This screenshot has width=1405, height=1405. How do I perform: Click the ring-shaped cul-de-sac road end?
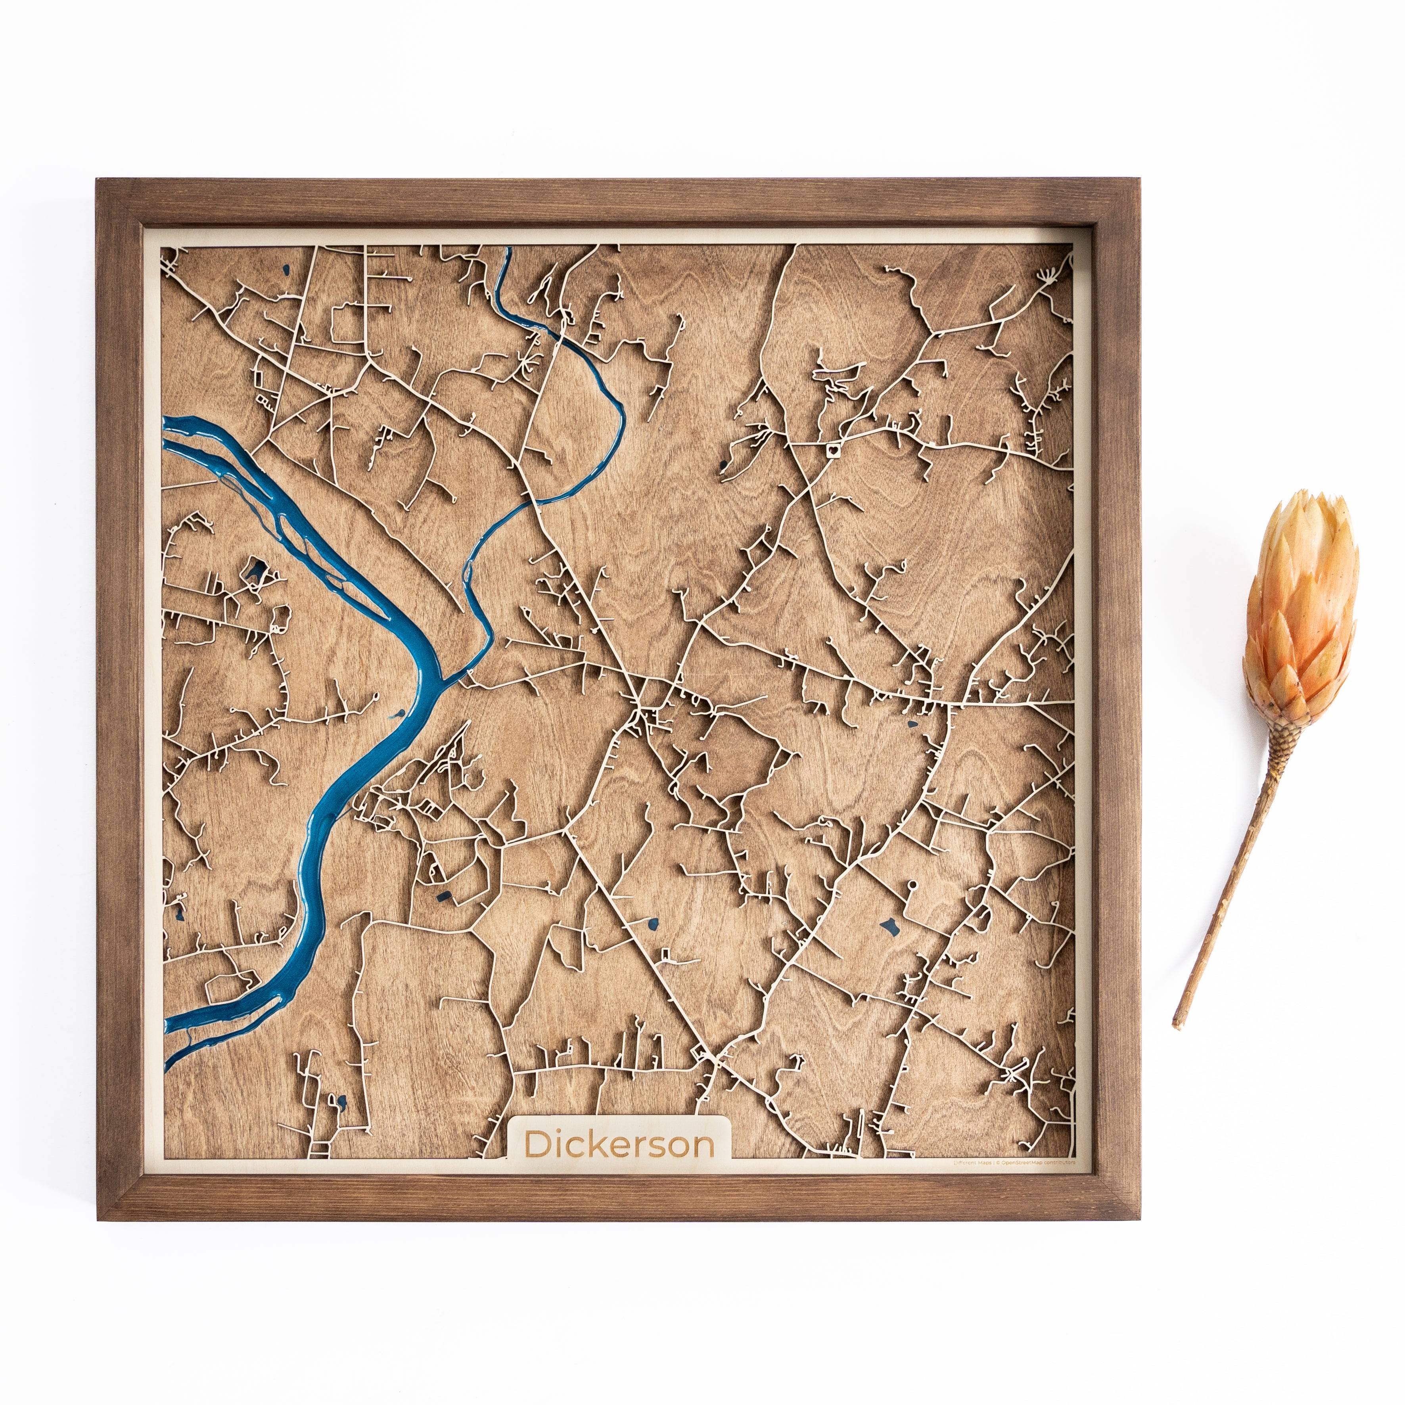912,885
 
